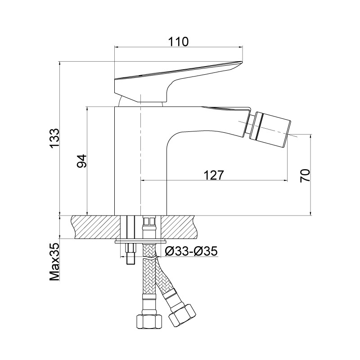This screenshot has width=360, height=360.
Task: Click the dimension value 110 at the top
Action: coord(178,41)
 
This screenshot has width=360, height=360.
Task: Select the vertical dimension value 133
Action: coord(54,139)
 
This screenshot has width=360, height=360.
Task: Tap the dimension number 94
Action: coord(82,161)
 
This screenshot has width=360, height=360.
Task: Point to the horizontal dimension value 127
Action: coord(213,175)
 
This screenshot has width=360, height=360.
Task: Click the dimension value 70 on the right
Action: coord(305,176)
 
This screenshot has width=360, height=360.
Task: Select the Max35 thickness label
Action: coord(54,262)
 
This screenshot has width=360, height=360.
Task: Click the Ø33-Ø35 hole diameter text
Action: coord(191,251)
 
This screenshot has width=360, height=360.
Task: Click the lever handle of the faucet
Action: coord(178,81)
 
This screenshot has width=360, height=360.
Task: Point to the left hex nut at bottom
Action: coord(149,322)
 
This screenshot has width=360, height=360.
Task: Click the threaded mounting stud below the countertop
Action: coord(130,254)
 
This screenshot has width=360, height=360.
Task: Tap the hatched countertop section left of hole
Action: coord(96,227)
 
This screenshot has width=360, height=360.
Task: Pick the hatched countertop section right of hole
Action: coord(179,227)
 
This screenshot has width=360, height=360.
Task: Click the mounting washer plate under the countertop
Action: coord(141,242)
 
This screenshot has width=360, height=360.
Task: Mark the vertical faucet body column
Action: coord(140,161)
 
